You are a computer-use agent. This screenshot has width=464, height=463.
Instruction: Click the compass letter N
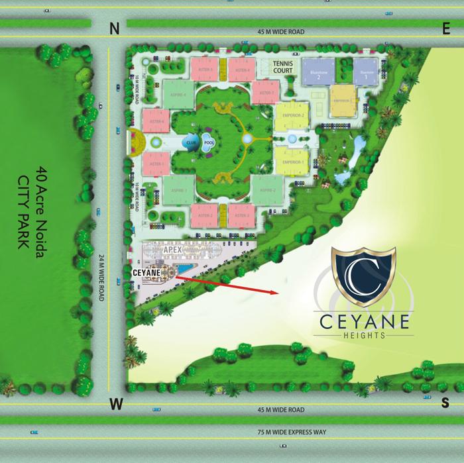point(115,28)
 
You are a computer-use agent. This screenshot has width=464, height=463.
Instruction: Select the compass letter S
point(445,402)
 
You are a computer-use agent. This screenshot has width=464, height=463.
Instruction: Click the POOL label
point(209,142)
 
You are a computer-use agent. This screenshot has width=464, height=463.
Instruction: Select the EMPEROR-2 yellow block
point(292,116)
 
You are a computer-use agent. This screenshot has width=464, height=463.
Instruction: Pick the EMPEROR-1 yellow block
point(292,162)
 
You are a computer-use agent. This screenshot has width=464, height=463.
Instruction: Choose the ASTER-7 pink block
point(267,93)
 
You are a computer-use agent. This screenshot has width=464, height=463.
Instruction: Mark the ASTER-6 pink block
point(157,121)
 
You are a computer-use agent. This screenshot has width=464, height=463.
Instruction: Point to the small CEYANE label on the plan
point(145,272)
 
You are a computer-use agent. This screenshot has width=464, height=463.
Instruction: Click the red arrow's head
point(276,291)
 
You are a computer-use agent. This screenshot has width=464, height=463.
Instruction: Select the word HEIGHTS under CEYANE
point(363,336)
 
